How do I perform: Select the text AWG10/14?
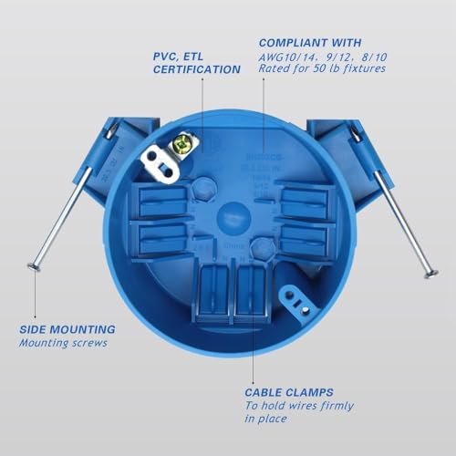(285, 60)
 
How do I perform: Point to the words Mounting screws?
(64, 344)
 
